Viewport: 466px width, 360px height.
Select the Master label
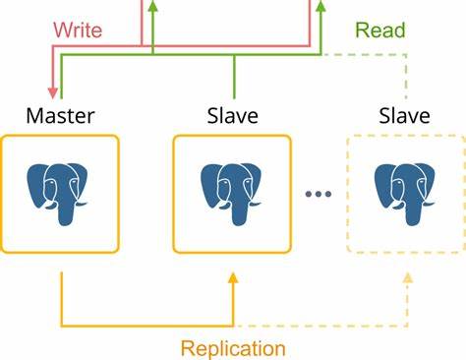61,116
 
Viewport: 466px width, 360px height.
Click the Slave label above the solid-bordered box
232,116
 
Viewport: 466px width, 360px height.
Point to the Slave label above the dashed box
404,116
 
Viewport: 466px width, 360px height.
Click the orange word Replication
233,347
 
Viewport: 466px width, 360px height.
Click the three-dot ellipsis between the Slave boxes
320,194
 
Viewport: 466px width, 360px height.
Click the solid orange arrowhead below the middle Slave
233,280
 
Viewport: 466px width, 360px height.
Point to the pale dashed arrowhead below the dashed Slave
405,280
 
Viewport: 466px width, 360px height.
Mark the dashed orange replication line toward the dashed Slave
324,325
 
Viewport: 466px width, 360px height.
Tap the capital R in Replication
186,347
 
